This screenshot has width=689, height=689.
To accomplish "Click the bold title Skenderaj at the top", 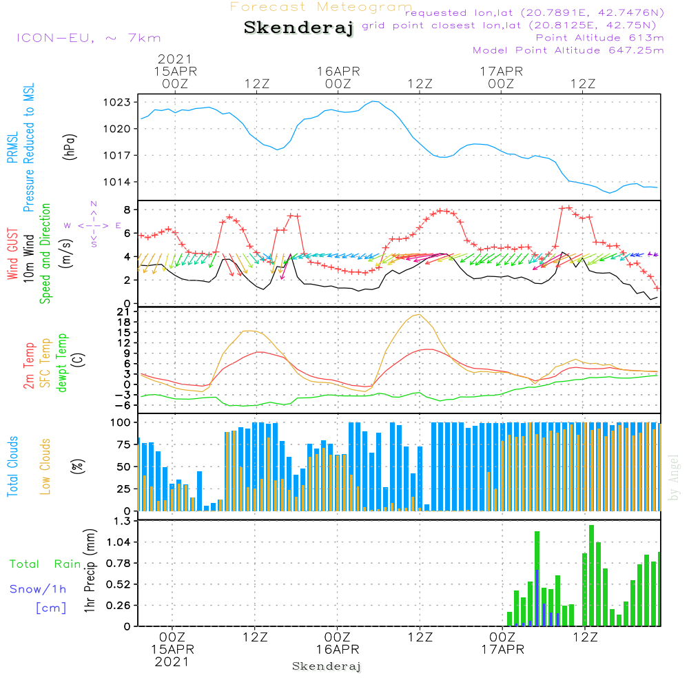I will (x=298, y=28).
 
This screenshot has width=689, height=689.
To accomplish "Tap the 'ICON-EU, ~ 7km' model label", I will (x=88, y=38).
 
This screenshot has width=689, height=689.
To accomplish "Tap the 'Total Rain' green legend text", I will (x=45, y=564).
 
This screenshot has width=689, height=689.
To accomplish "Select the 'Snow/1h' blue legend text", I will (x=39, y=589).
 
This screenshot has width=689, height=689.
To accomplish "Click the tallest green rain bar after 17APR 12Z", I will (x=591, y=575).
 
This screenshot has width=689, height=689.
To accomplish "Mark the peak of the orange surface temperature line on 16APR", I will (x=418, y=315).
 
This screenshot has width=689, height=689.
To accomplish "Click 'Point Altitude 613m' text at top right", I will (x=599, y=37).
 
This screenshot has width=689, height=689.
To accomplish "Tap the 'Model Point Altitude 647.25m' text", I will (x=568, y=50).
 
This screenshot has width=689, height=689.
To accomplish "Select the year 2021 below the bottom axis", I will (x=172, y=662).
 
